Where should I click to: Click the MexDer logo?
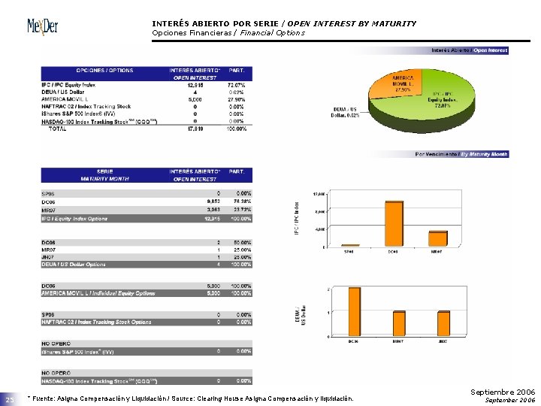pyautogui.click(x=43, y=27)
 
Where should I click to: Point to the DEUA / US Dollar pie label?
pyautogui.click(x=346, y=113)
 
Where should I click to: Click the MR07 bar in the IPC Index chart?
pyautogui.click(x=438, y=238)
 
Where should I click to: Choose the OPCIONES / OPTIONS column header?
pyautogui.click(x=104, y=71)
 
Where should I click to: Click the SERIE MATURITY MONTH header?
pyautogui.click(x=104, y=175)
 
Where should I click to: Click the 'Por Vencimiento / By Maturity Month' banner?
pyautogui.click(x=462, y=153)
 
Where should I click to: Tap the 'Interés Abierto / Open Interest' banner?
pyautogui.click(x=469, y=50)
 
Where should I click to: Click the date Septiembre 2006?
pyautogui.click(x=503, y=392)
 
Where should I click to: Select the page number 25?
pyautogui.click(x=11, y=400)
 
